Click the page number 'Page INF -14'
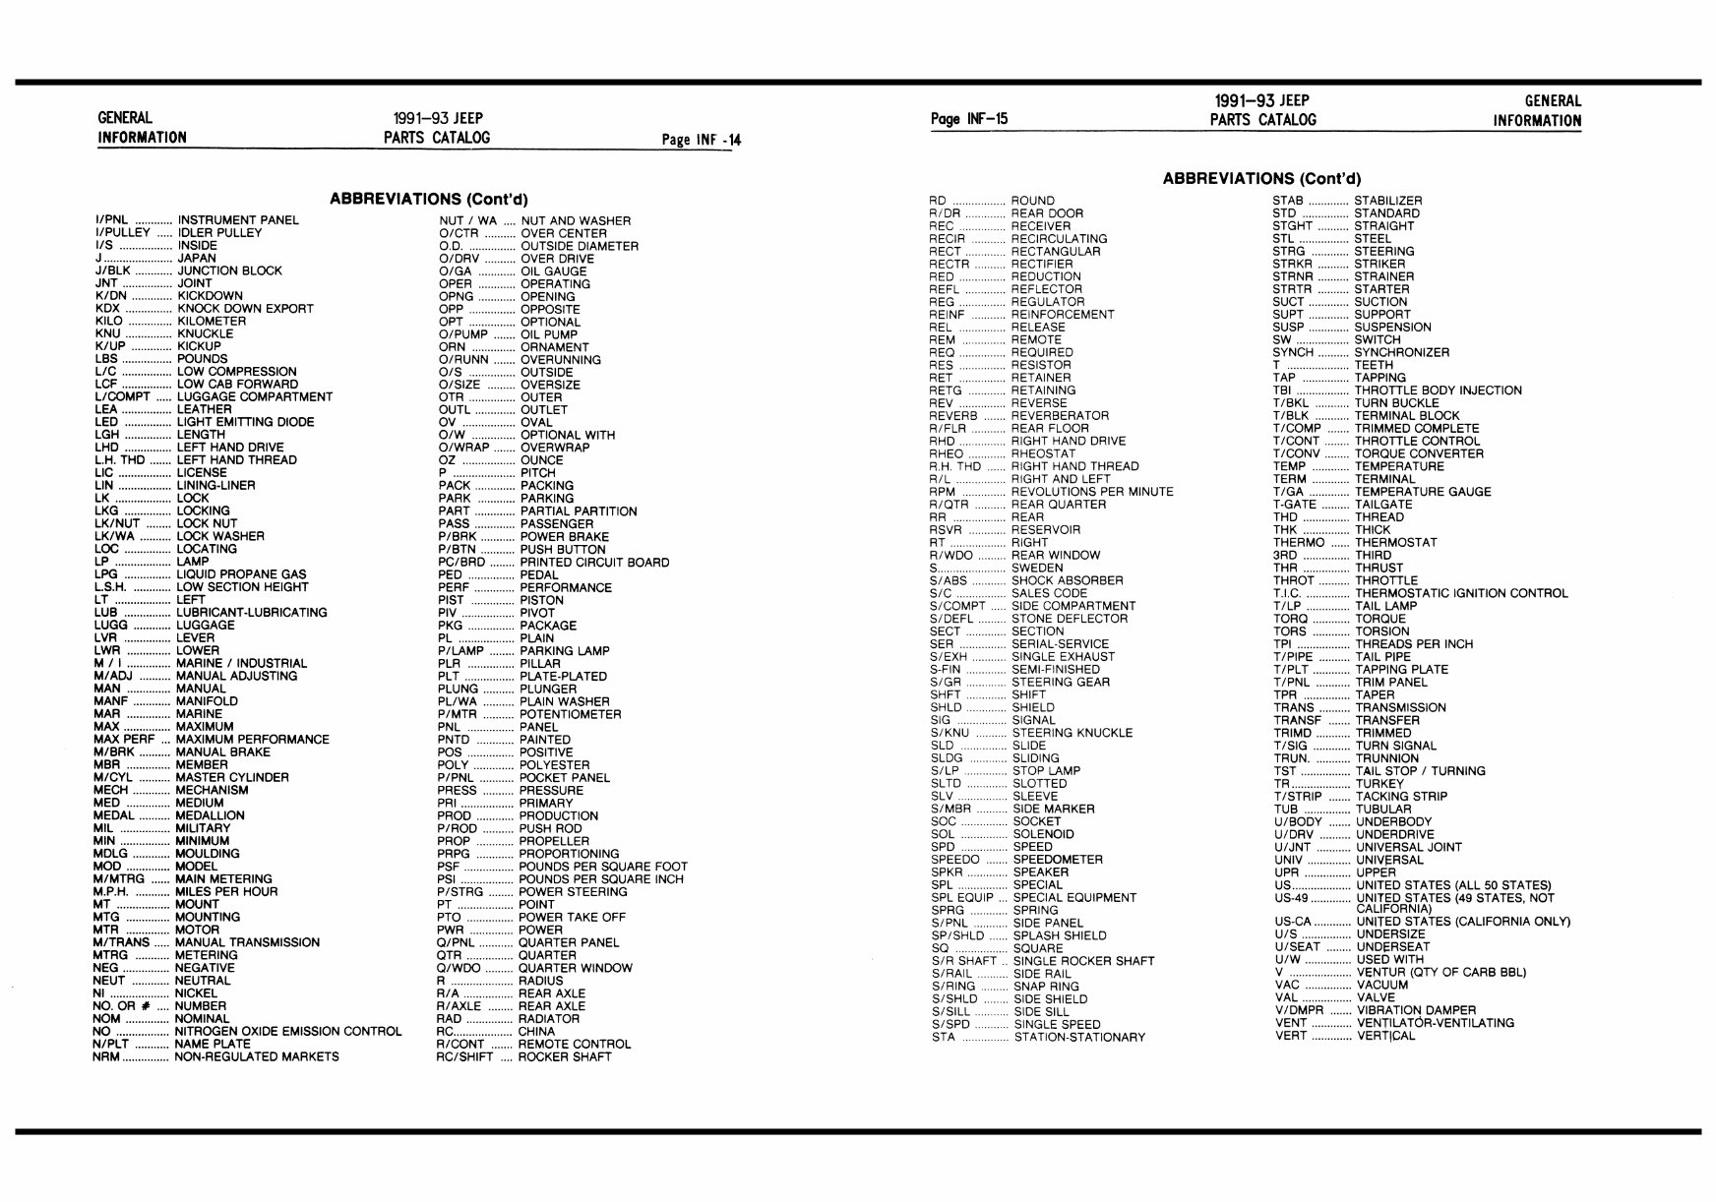click(702, 140)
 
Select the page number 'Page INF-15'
click(969, 120)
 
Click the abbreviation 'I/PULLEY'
click(123, 233)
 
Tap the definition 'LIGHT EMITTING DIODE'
click(245, 422)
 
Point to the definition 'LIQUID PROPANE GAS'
click(241, 574)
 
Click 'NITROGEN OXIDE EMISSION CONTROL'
click(288, 1032)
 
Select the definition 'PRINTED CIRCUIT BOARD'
click(594, 563)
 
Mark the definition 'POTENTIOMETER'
click(571, 714)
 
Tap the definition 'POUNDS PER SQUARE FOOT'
click(603, 867)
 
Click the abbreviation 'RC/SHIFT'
click(464, 1057)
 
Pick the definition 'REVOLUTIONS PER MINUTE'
click(1092, 492)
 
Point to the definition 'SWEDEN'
click(1037, 568)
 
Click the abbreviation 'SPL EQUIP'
click(962, 898)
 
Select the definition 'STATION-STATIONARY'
click(1079, 1038)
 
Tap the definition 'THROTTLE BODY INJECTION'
click(1438, 391)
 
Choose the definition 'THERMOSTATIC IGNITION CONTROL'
click(1461, 593)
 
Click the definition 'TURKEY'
click(1379, 784)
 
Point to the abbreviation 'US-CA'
click(1295, 922)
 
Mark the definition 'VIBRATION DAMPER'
click(1416, 1010)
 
